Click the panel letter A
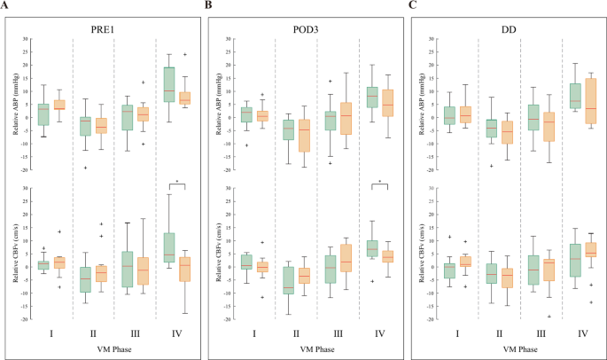(7, 6)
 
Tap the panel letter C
(411, 6)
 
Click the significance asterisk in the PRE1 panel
(178, 183)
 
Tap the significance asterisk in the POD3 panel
(379, 183)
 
